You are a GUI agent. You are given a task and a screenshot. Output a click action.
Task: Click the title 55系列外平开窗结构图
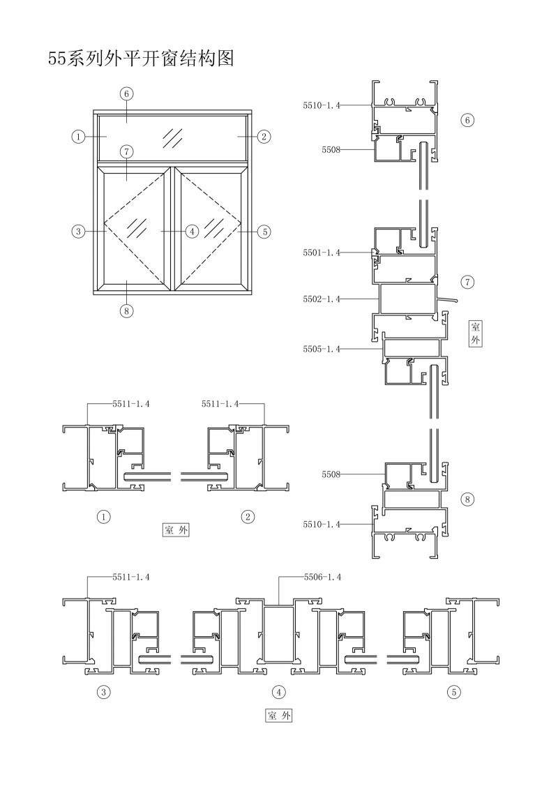point(142,59)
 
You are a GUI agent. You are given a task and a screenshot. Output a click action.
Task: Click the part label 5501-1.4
point(322,253)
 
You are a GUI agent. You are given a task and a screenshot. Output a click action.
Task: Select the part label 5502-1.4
point(322,299)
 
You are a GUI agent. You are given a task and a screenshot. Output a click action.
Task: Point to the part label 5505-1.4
point(322,349)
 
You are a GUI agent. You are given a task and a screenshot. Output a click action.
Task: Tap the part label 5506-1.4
point(322,577)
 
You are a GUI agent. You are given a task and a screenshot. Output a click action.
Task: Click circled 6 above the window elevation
point(126,93)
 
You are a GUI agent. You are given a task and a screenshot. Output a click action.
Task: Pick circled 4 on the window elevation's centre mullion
point(192,232)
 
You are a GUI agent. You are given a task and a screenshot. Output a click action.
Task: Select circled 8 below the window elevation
point(126,311)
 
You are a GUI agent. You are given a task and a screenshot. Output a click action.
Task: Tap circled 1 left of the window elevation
point(78,136)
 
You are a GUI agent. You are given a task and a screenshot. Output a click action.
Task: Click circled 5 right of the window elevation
point(264,232)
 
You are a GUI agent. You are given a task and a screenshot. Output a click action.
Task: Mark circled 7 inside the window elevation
point(126,151)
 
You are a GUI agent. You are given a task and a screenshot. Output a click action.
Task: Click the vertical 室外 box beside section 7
point(476,333)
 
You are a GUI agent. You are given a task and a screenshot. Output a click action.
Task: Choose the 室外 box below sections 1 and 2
point(176,530)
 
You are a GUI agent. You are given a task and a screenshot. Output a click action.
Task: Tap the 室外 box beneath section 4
point(278,716)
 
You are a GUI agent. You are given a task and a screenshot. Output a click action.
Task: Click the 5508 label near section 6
point(331,149)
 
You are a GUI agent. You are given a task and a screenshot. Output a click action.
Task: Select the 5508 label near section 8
point(331,474)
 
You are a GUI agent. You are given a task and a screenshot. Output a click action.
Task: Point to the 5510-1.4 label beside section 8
point(322,525)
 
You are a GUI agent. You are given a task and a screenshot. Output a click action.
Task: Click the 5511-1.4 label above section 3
point(131,577)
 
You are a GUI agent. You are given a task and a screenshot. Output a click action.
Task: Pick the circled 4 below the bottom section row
point(278,692)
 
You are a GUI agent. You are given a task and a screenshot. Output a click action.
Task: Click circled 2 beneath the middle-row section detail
point(248,516)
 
